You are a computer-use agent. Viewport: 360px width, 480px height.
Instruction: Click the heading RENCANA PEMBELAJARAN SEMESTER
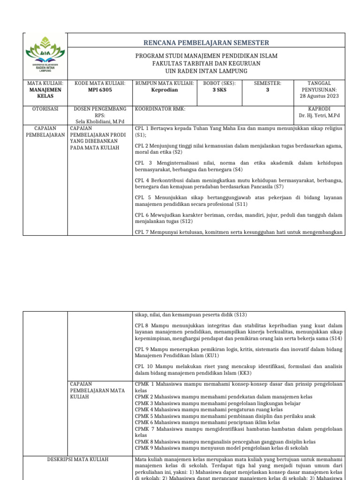pyautogui.click(x=206, y=43)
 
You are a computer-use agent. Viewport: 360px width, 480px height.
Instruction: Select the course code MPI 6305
pyautogui.click(x=100, y=90)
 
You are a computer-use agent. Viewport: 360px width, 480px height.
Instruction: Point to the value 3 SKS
pyautogui.click(x=219, y=90)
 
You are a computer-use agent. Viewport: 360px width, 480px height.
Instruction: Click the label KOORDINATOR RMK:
pyautogui.click(x=160, y=109)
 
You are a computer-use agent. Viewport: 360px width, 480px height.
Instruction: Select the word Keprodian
pyautogui.click(x=165, y=90)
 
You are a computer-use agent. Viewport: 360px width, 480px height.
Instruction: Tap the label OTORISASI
pyautogui.click(x=45, y=109)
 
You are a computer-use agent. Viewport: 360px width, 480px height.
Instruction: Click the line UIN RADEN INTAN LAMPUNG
pyautogui.click(x=206, y=71)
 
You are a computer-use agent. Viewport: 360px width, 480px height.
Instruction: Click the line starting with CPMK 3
pyautogui.click(x=218, y=403)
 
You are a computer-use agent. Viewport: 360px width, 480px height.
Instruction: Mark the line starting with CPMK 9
pyautogui.click(x=222, y=448)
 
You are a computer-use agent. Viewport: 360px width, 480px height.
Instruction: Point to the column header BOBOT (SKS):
pyautogui.click(x=219, y=83)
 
